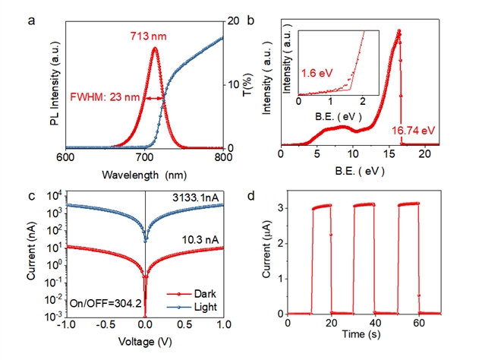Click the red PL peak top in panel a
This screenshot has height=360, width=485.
155,49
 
